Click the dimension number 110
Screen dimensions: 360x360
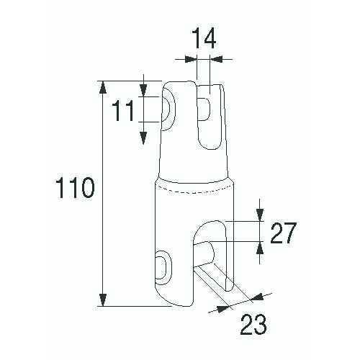75,188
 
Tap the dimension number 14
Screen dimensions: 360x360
204,38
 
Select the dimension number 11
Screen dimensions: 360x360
123,111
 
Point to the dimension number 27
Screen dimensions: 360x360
284,233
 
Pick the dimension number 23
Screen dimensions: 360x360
253,324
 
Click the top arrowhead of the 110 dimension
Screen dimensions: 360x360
103,86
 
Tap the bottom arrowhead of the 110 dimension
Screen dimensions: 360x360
103,300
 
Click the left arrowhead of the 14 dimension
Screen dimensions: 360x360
191,59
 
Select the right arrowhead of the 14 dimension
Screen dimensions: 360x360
216,59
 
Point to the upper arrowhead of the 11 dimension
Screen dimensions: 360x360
143,91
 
